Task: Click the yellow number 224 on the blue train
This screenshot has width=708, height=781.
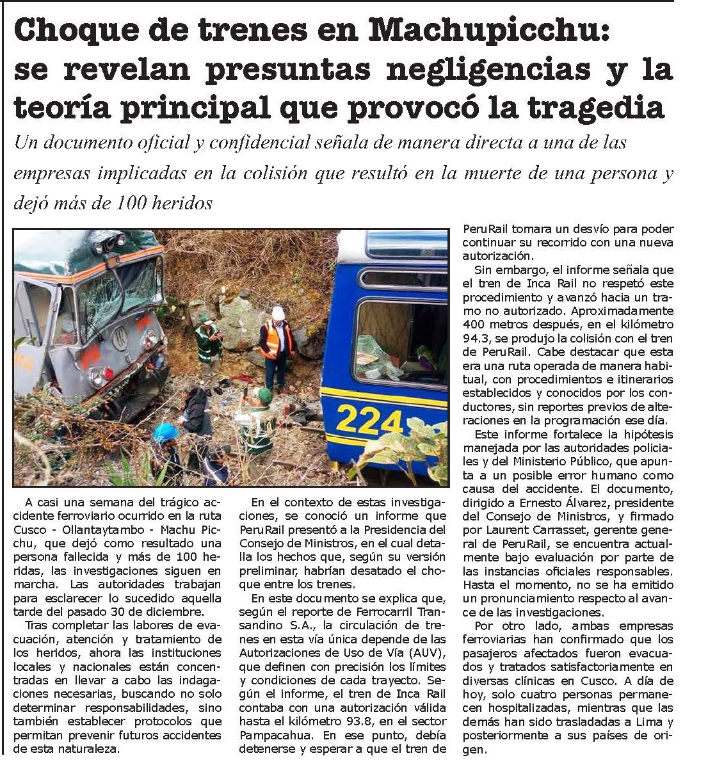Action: pos(369,420)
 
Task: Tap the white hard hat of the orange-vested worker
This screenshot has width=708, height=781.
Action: pos(278,312)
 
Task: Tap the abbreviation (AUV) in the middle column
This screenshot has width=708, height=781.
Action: pos(424,652)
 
